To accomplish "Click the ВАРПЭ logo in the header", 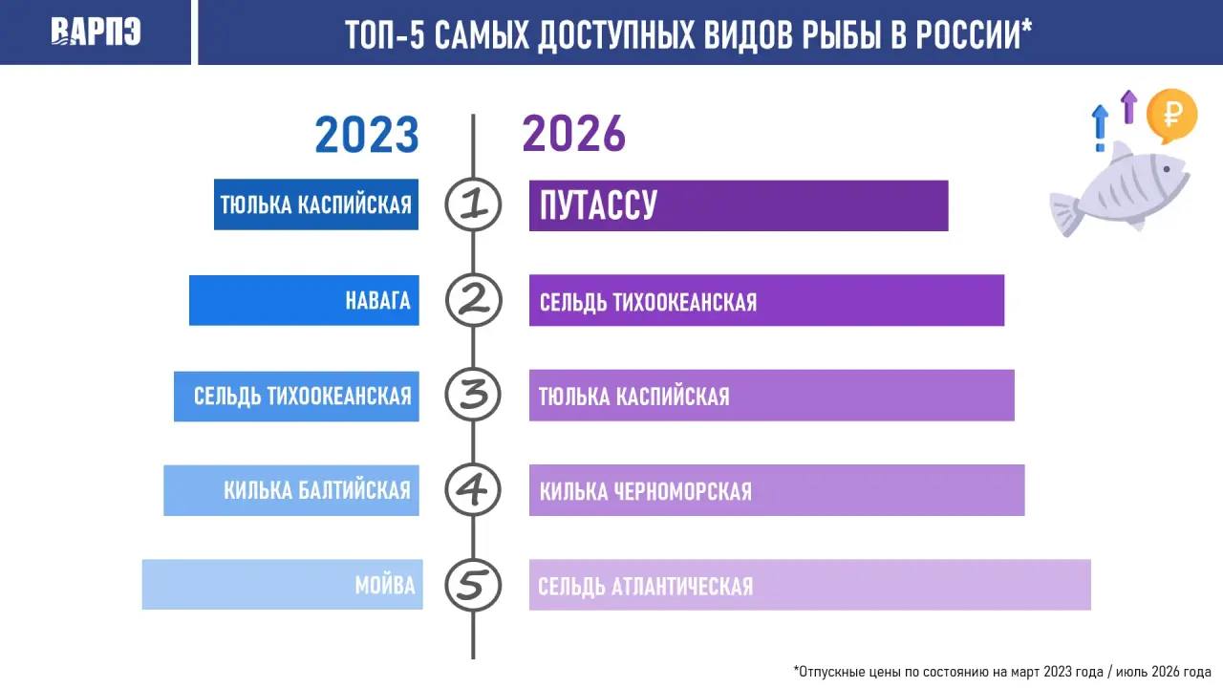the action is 96,32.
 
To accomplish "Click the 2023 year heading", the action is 366,135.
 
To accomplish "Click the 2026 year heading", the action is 574,134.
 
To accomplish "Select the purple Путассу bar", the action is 739,205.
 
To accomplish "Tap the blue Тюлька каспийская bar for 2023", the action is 316,204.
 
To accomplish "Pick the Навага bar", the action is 304,300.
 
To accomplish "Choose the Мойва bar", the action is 282,584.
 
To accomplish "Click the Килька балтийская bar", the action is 291,490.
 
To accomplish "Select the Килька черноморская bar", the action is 777,490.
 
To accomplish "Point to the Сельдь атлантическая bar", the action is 810,585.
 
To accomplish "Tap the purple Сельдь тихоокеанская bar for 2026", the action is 766,300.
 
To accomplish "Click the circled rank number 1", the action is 473,204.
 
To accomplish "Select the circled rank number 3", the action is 473,395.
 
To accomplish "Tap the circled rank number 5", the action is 473,585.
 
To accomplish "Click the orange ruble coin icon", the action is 1171,116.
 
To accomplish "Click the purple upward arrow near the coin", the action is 1128,106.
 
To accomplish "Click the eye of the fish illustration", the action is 1167,169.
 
